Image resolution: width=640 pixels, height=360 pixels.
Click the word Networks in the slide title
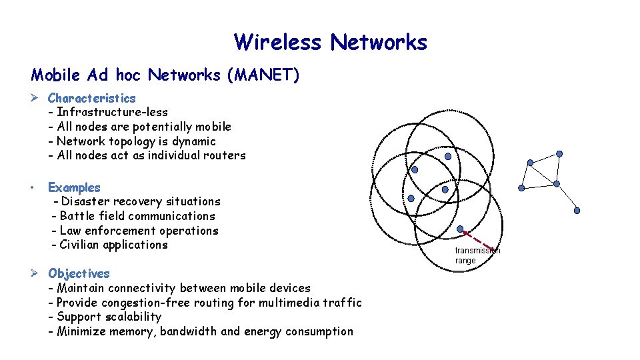click(x=379, y=43)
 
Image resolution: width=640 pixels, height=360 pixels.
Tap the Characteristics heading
click(x=91, y=98)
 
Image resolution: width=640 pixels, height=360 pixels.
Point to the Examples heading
click(x=74, y=187)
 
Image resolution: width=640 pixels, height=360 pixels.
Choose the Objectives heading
click(x=79, y=273)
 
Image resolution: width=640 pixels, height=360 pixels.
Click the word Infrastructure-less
click(x=112, y=112)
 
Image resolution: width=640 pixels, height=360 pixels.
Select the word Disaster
click(x=85, y=201)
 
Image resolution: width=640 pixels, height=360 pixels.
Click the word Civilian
click(x=79, y=245)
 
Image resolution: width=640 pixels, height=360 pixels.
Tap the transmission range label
click(x=477, y=255)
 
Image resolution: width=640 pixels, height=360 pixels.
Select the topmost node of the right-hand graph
click(x=559, y=154)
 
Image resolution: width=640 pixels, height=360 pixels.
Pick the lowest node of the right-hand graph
click(x=577, y=211)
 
